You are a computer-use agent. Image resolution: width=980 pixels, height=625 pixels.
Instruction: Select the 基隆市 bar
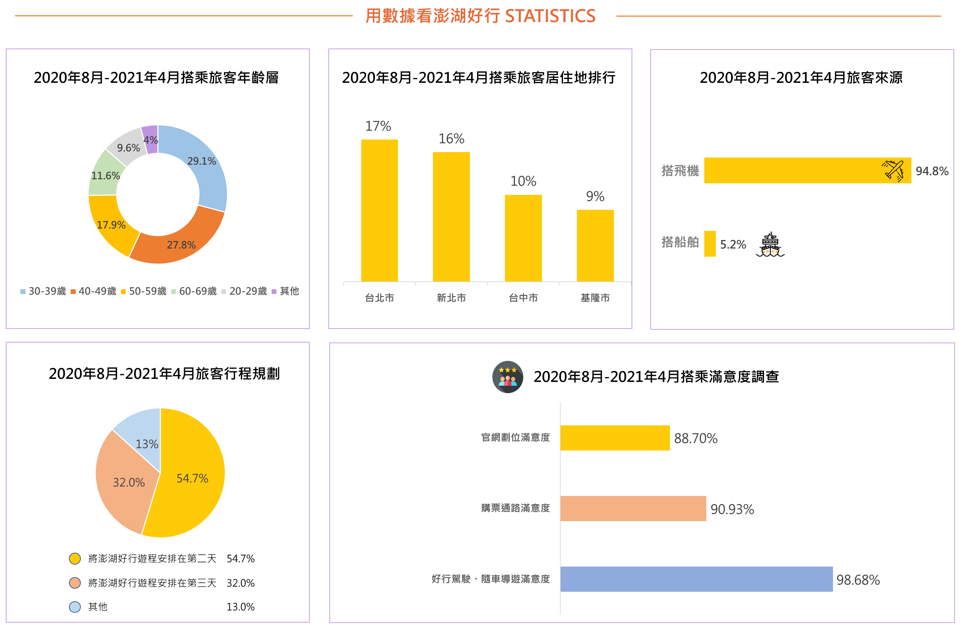[595, 245]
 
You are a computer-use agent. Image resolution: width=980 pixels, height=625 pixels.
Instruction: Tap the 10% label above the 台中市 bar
[523, 181]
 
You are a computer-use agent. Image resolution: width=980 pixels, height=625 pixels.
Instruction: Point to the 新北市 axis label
[451, 298]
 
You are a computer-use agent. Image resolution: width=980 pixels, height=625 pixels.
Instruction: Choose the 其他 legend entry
[285, 291]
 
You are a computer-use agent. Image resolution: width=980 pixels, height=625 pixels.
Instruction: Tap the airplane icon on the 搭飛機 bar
[893, 170]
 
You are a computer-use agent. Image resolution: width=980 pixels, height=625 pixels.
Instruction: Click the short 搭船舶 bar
[710, 244]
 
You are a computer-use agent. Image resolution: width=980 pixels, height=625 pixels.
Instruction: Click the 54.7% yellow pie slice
[191, 480]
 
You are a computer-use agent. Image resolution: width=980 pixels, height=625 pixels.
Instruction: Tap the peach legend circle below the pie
[75, 583]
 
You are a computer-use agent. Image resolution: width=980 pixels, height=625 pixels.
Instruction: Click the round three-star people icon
[508, 377]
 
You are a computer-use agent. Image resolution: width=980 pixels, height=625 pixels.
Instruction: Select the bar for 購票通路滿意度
[633, 508]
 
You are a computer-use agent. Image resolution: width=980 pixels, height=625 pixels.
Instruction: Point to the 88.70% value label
[695, 438]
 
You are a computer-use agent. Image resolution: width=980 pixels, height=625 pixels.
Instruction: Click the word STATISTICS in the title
[550, 16]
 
